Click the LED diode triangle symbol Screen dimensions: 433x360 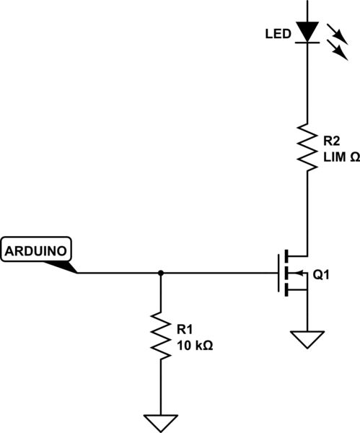click(x=308, y=31)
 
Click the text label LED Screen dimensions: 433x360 click(x=277, y=34)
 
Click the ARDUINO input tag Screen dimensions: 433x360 click(x=38, y=251)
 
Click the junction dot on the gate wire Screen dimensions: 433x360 click(x=160, y=273)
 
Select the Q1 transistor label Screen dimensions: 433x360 click(x=322, y=275)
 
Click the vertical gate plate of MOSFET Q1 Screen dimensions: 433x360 click(x=279, y=273)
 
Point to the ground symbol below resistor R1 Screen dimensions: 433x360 click(x=160, y=421)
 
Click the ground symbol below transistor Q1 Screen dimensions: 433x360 click(x=308, y=338)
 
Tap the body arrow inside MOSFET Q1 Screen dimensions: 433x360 click(x=294, y=273)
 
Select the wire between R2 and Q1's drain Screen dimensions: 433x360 click(x=308, y=209)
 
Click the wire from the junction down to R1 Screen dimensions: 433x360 click(x=160, y=292)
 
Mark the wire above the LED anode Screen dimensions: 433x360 click(x=308, y=9)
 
